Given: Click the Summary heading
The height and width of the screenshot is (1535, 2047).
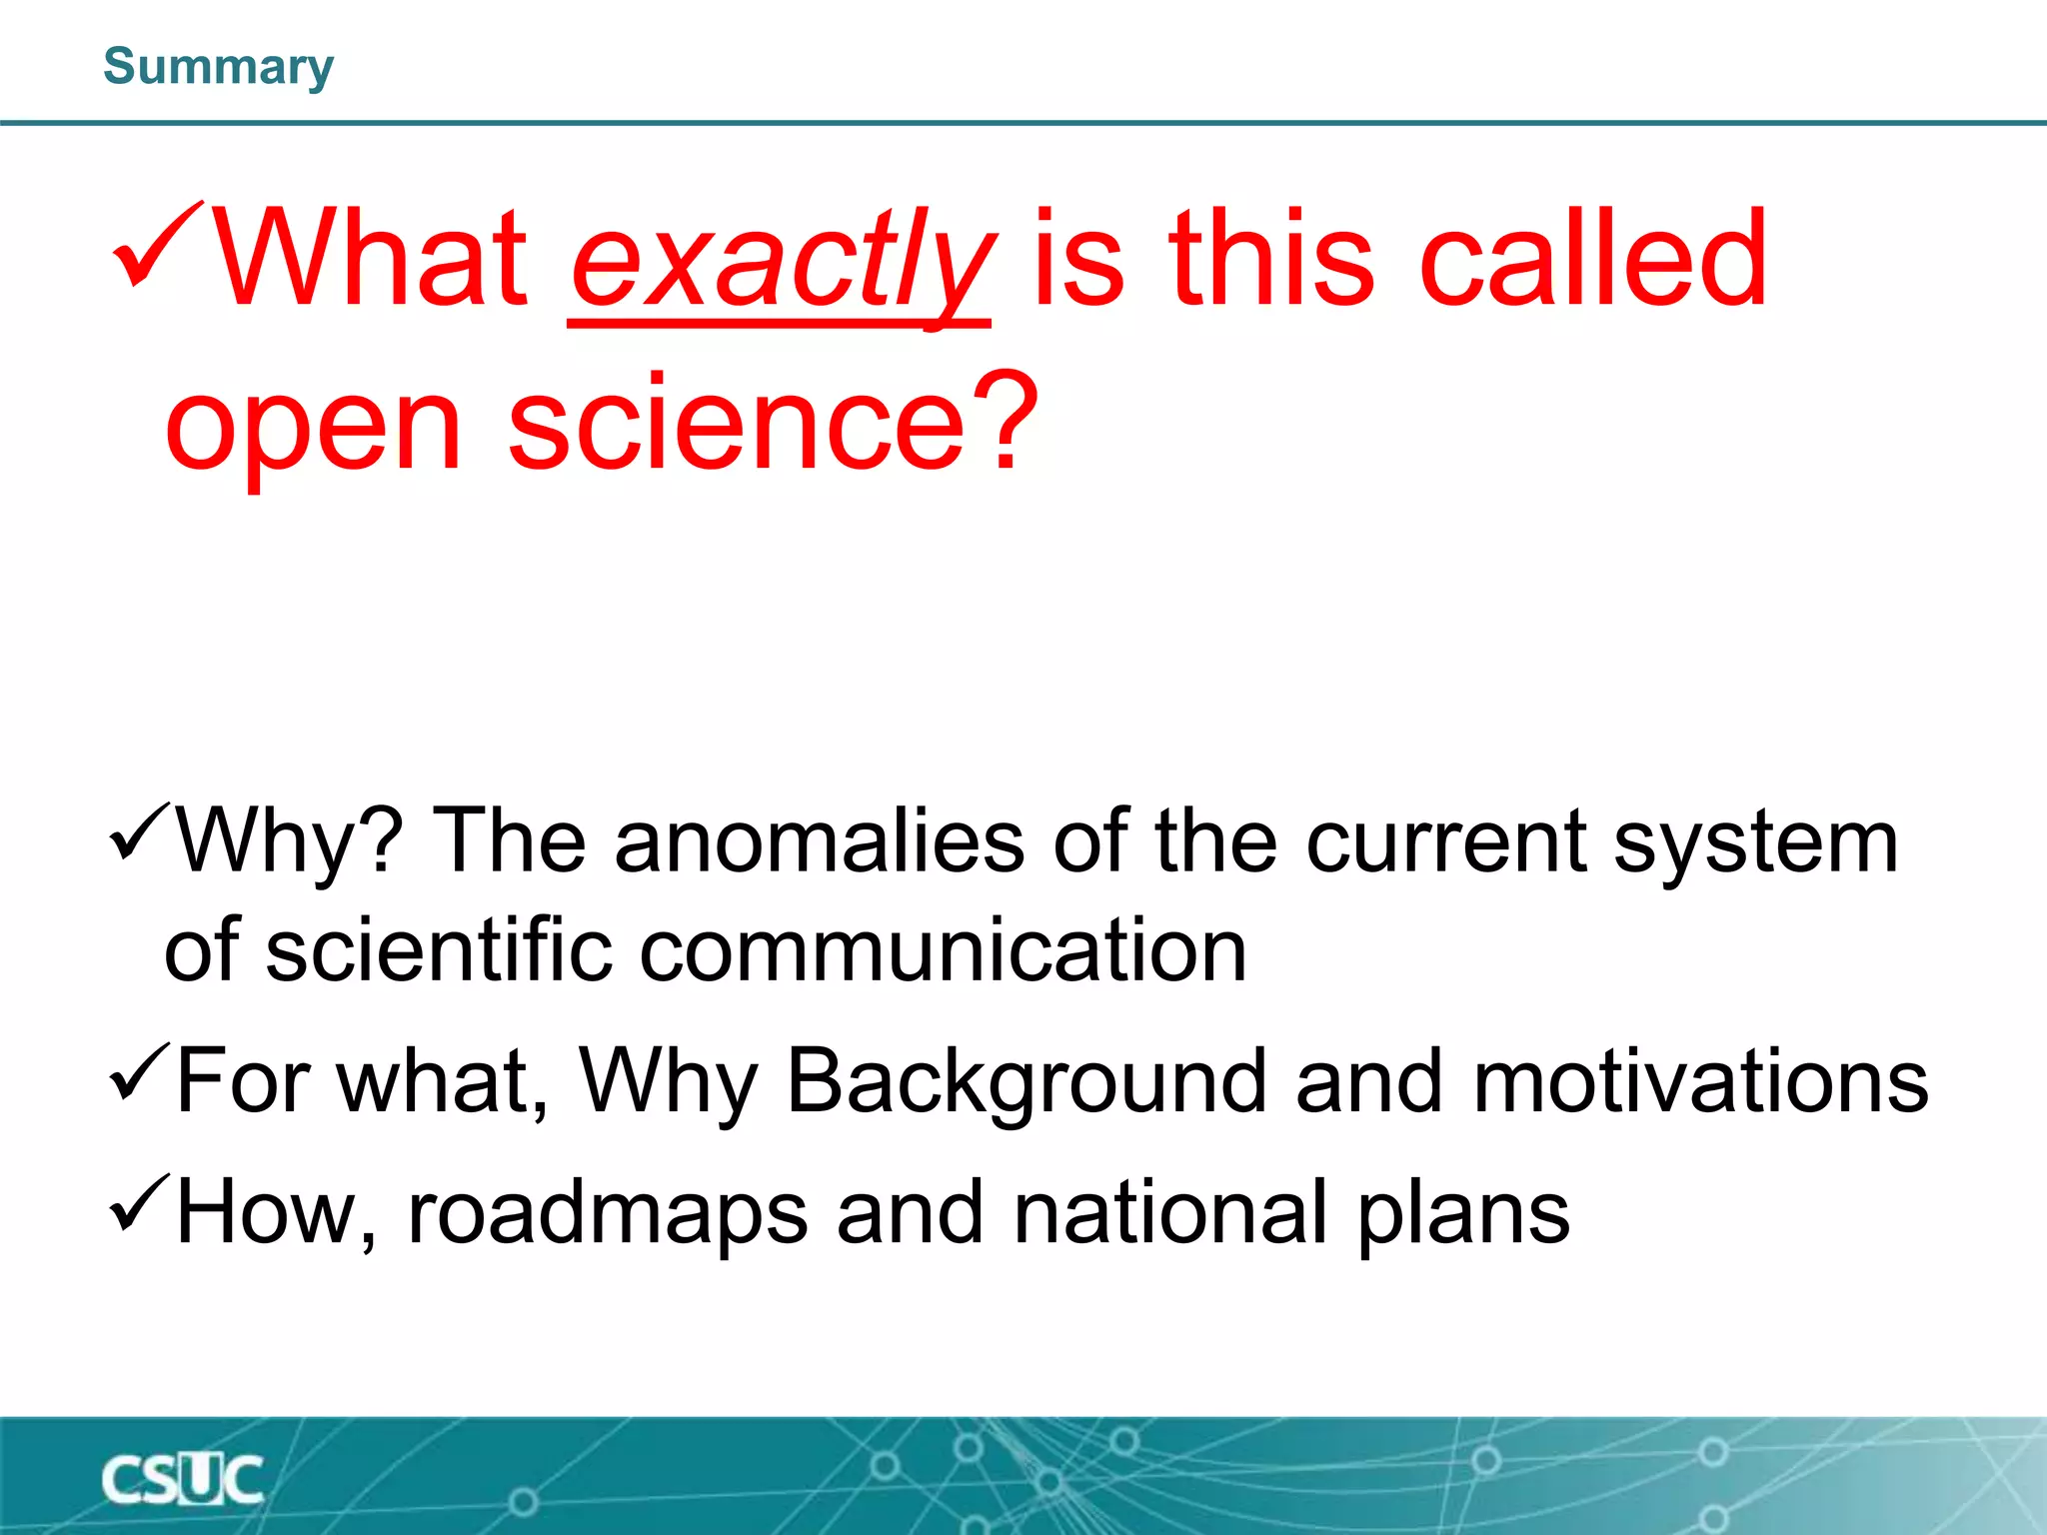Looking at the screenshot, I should click(218, 67).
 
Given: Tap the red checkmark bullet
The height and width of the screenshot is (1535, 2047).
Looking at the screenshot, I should click(158, 245).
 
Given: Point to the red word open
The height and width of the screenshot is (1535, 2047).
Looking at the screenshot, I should click(314, 425).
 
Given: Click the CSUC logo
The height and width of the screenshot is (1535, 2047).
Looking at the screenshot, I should click(182, 1479).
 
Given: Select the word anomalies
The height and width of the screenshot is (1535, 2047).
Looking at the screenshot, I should click(819, 841).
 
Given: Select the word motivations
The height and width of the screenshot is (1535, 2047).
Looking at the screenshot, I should click(1700, 1081).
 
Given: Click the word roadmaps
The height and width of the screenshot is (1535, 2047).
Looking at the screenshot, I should click(607, 1214).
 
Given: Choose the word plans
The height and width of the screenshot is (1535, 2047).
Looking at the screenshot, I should click(1463, 1214).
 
